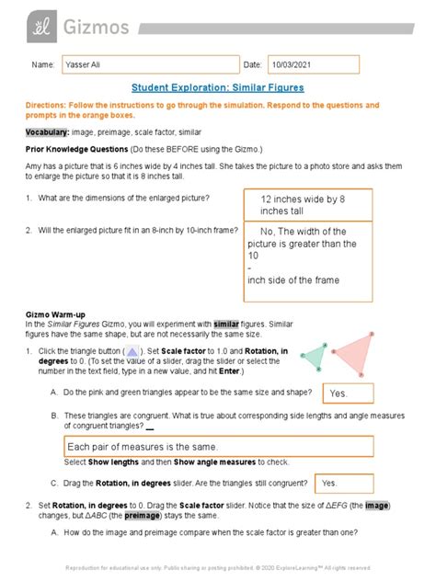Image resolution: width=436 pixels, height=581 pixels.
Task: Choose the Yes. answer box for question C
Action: coord(343,483)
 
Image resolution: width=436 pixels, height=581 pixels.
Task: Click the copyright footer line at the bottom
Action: coord(217,567)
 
